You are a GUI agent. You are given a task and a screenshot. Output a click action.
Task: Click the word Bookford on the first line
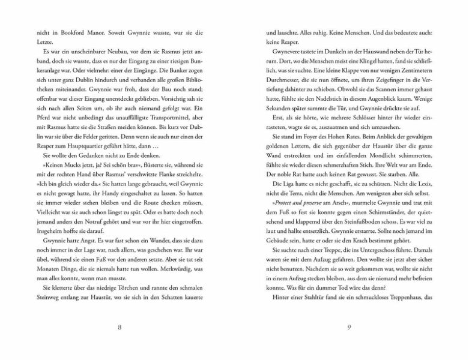pos(62,34)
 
